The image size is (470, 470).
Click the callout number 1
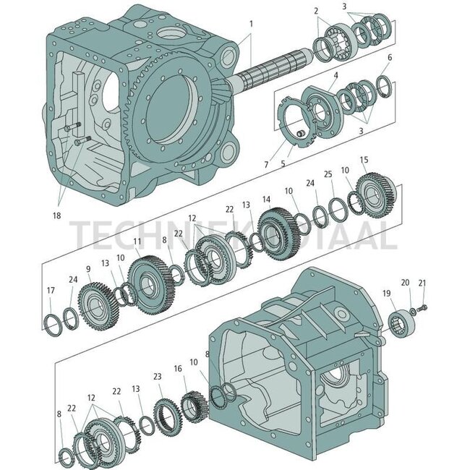coord(250,23)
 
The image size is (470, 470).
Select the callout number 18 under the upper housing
coord(56,215)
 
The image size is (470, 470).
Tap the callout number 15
coord(364,159)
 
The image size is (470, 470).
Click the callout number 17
coord(49,291)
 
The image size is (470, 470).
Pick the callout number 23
coord(157,376)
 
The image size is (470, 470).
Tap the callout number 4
coord(336,74)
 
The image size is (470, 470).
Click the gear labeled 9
coord(93,298)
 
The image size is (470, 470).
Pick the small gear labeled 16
coord(193,405)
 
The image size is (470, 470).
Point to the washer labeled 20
coord(412,312)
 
